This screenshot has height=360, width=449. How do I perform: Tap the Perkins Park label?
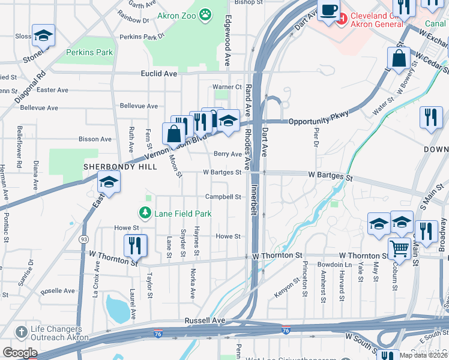point(90,53)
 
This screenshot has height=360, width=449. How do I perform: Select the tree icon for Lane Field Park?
point(145,212)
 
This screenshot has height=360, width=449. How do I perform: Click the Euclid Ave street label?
point(158,73)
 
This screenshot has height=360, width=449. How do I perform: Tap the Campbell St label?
point(223,197)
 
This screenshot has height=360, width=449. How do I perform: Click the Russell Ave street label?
point(205,321)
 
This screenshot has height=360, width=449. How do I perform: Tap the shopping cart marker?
point(399,247)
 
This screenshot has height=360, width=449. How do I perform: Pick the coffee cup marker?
point(328,10)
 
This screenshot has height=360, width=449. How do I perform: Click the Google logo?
point(20,353)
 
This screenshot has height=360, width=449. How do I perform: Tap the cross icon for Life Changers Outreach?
point(21,332)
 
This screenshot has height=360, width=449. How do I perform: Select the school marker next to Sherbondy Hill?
point(109,181)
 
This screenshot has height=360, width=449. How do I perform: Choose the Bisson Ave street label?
point(95,139)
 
